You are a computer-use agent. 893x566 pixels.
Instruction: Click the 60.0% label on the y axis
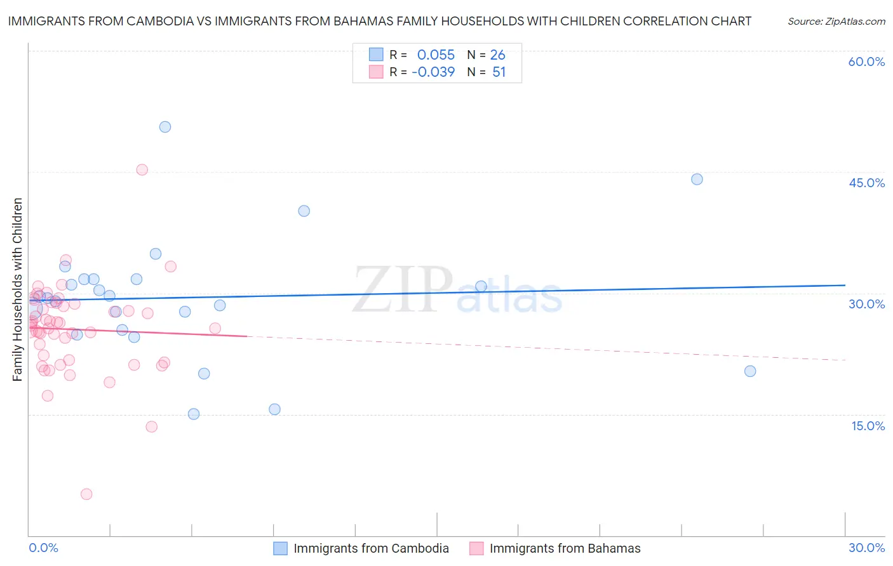866,62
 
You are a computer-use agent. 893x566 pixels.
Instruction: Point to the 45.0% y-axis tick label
866,183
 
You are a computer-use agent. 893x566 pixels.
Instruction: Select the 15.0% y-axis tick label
868,426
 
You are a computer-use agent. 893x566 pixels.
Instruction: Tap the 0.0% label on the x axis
43,548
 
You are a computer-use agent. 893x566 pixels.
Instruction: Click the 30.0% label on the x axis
866,548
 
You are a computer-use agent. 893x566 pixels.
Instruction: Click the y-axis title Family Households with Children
18,289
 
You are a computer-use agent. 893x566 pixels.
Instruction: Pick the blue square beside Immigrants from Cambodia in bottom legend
281,548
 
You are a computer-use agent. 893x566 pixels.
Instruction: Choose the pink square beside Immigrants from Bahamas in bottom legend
476,548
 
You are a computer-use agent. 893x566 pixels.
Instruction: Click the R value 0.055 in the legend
436,55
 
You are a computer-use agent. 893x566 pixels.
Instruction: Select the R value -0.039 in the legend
433,72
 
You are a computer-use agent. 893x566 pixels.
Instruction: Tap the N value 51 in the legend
499,72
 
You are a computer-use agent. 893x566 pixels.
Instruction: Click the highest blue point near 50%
165,127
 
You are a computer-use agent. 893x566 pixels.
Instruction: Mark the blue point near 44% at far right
697,179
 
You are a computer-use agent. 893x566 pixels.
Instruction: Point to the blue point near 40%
304,211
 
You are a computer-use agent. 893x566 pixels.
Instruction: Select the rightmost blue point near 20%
750,371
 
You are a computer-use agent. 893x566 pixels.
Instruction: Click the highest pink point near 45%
142,169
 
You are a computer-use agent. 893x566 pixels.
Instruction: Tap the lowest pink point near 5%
86,494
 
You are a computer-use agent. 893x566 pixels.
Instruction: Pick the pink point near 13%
151,426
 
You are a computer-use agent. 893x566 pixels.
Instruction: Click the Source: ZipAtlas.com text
836,22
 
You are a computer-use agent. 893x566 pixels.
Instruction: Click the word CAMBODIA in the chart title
157,21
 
